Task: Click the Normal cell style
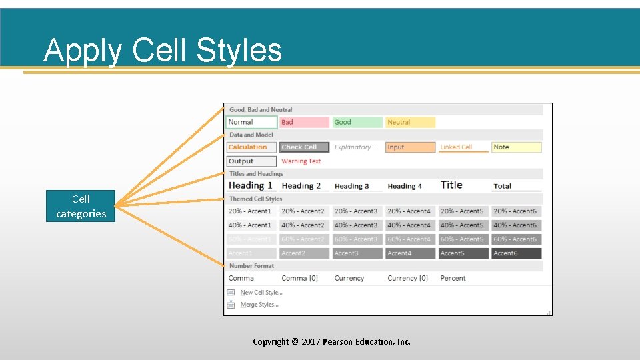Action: coord(251,122)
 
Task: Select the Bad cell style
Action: coord(304,122)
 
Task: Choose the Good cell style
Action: coord(357,122)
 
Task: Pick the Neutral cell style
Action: coord(410,122)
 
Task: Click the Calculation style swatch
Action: coord(251,147)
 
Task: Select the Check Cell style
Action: coord(304,147)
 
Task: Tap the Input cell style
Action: coord(410,147)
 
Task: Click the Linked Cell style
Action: coord(463,147)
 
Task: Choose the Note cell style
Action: coord(517,147)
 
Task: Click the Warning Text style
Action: coord(301,161)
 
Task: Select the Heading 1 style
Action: coord(251,186)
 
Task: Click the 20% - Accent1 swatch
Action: coord(251,211)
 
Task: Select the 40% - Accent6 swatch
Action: coord(517,225)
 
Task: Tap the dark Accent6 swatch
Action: coord(517,253)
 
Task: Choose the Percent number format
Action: coord(453,278)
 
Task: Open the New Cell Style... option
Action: coord(261,293)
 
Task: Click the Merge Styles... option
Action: coord(259,305)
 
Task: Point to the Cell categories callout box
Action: coord(81,206)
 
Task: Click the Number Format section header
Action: coord(252,266)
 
